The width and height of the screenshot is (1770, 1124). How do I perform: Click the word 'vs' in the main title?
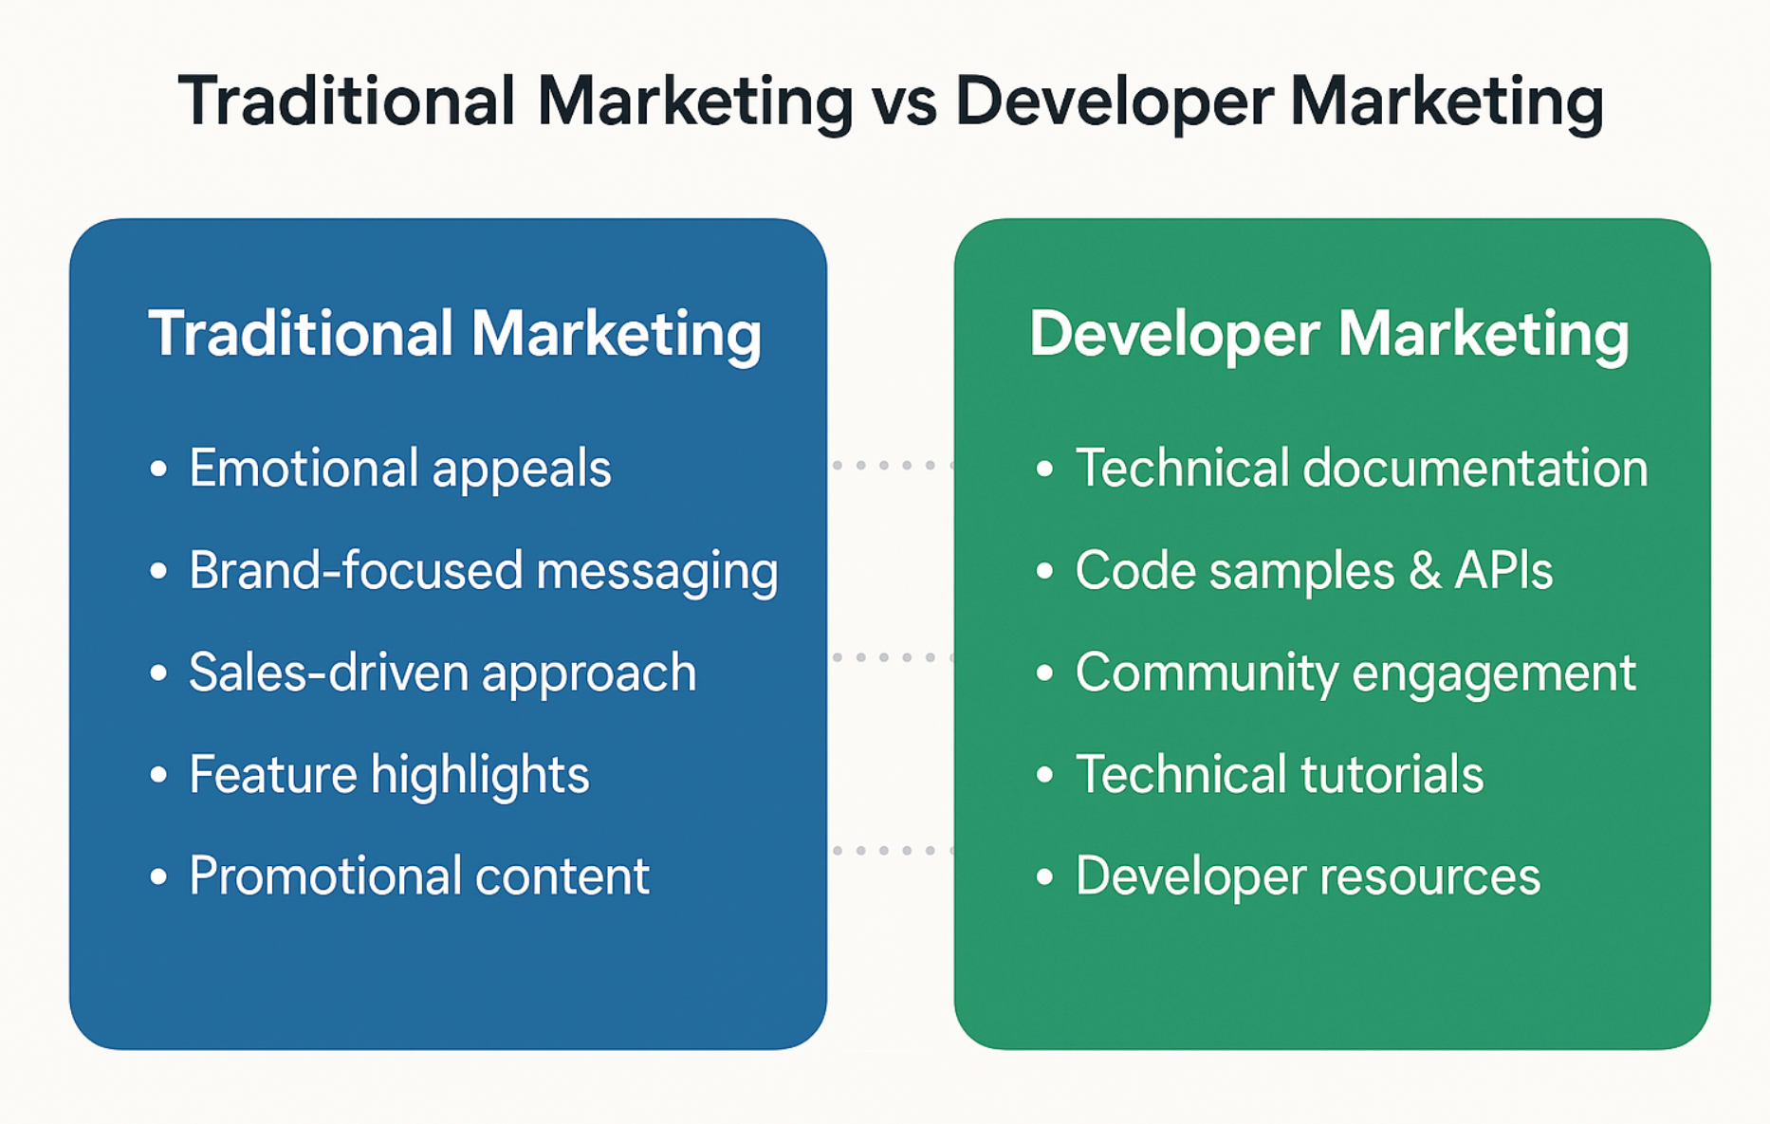click(904, 101)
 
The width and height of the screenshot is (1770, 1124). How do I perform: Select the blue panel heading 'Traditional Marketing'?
click(455, 334)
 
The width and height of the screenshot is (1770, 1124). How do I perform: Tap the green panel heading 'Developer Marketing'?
click(1330, 334)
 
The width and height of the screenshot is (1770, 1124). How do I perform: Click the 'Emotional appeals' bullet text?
click(399, 469)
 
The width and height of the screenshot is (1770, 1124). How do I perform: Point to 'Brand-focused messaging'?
click(484, 571)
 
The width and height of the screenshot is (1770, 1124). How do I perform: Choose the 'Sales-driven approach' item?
click(443, 673)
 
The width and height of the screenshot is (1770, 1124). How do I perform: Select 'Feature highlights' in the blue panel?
click(389, 775)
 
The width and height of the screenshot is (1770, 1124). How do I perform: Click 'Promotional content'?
click(419, 875)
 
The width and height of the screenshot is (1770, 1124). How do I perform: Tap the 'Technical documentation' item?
click(1362, 469)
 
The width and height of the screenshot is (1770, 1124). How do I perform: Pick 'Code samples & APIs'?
click(1314, 571)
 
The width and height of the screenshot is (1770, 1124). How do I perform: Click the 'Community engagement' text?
click(1355, 673)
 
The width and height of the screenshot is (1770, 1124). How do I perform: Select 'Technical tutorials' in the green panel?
click(1280, 774)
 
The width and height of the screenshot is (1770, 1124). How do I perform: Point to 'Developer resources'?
click(1308, 876)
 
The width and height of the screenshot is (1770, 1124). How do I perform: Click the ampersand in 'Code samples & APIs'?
click(1425, 571)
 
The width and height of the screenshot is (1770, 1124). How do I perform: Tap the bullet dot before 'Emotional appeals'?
click(158, 470)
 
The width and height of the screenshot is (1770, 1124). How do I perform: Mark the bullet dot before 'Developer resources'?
click(1044, 877)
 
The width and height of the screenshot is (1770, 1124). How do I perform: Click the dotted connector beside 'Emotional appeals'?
click(892, 465)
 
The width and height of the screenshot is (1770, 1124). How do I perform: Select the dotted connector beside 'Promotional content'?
click(892, 851)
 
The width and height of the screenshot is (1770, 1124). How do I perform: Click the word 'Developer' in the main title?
click(1114, 103)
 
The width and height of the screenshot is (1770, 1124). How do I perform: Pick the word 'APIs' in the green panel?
click(1503, 571)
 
